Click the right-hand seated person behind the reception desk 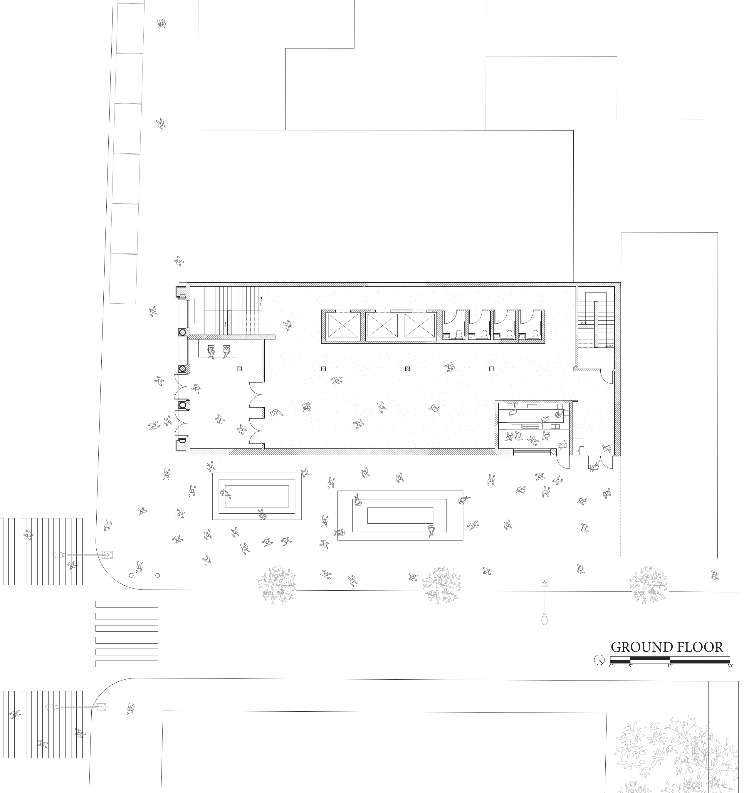[x=226, y=351]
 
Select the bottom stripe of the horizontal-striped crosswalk [x=127, y=664]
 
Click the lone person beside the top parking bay [x=161, y=24]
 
